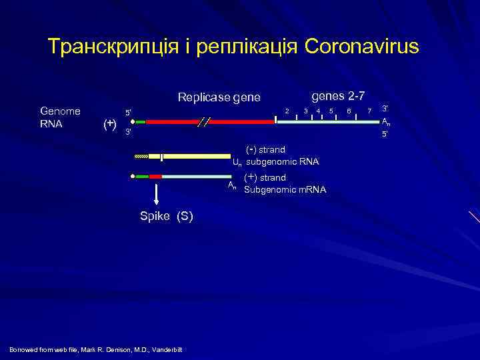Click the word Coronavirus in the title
point(361,47)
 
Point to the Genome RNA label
point(60,117)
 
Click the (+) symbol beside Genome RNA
point(108,123)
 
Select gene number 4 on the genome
point(318,110)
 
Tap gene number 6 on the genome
point(349,110)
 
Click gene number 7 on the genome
point(370,110)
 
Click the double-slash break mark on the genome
point(203,122)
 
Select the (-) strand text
point(266,149)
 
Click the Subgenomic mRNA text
point(285,190)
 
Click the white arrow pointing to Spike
point(155,193)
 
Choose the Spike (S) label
point(166,216)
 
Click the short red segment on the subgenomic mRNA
point(155,177)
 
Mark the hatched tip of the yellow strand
point(142,157)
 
